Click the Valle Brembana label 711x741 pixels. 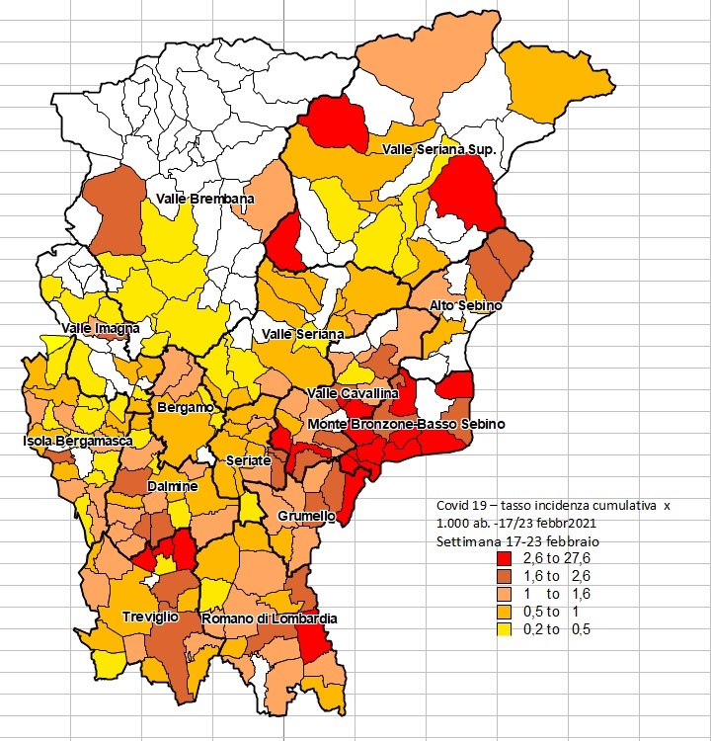coord(205,199)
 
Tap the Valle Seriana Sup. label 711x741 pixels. coord(438,149)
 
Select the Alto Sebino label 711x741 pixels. coord(465,305)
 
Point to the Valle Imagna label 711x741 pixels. coord(101,328)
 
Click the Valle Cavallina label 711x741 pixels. coord(353,393)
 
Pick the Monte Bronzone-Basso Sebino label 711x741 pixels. coord(406,424)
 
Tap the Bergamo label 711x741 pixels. coord(186,407)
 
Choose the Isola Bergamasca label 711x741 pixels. coord(78,441)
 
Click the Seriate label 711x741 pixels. coord(249,460)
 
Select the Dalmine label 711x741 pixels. coord(173,486)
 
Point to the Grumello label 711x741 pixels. coord(306,516)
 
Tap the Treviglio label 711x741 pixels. coord(151,617)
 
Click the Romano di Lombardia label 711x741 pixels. coord(270,618)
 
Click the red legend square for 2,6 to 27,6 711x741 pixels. coord(504,558)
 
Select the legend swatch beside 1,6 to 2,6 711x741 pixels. coord(504,576)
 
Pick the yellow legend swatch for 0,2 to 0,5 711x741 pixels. coord(504,629)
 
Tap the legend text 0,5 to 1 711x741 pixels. coord(551,612)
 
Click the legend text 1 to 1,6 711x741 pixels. coord(557,594)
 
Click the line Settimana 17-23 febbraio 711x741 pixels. coord(517,541)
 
